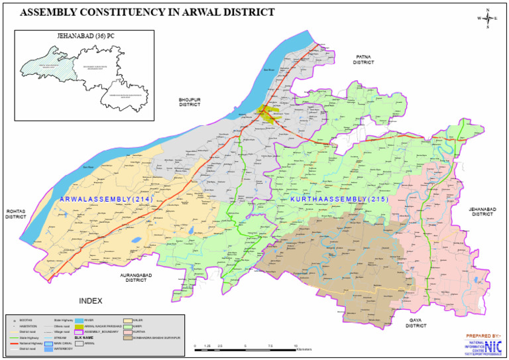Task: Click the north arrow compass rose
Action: [x=488, y=19]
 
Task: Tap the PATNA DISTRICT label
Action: [x=364, y=60]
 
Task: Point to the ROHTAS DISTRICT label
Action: [x=16, y=214]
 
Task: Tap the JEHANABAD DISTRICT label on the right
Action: [x=482, y=212]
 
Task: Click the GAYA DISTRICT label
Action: [x=416, y=323]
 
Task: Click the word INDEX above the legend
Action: [x=91, y=301]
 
